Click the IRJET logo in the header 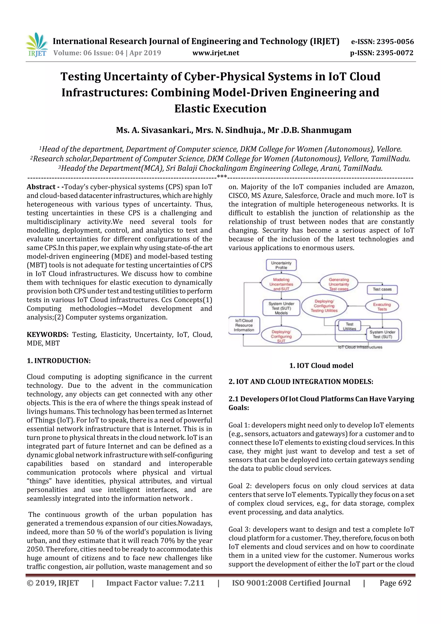[36, 45]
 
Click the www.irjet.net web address [216, 53]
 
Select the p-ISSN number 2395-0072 [395, 53]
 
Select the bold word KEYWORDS [48, 335]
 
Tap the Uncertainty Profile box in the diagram [281, 265]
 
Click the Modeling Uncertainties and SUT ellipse [281, 284]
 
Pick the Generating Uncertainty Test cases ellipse [339, 284]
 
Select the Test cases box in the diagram [382, 289]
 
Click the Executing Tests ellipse [382, 307]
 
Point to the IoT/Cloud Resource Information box [244, 325]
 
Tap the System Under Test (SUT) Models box [281, 308]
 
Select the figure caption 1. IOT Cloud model [321, 366]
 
